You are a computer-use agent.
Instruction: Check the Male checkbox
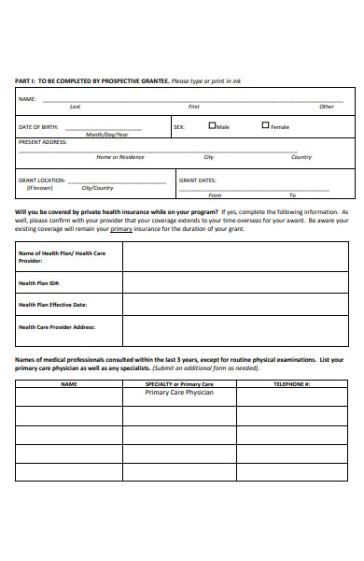tap(212, 125)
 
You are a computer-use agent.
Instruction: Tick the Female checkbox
tap(266, 125)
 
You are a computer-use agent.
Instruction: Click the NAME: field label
tap(27, 98)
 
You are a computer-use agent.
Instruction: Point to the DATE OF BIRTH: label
tap(38, 126)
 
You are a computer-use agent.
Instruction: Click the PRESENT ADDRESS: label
tap(42, 143)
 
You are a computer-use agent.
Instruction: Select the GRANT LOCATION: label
tap(42, 180)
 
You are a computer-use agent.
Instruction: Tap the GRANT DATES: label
tap(198, 180)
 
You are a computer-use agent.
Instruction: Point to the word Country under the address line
tap(301, 157)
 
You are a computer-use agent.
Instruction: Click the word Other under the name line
tap(326, 107)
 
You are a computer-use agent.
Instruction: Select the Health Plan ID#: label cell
tap(39, 282)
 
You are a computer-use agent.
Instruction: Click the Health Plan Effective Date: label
tap(52, 305)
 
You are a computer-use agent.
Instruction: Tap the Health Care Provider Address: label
tap(57, 327)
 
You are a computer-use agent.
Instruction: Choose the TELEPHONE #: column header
tap(291, 384)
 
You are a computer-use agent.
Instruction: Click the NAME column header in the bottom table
tap(69, 384)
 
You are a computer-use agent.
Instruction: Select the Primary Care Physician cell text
tap(179, 393)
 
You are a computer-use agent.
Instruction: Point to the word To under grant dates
tap(292, 195)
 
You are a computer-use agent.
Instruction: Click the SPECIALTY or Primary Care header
tap(179, 384)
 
